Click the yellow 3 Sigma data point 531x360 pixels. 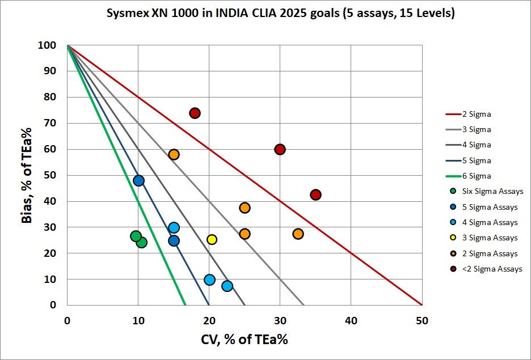tap(212, 239)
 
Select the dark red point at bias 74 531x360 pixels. tap(195, 113)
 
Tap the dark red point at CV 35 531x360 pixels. tap(315, 194)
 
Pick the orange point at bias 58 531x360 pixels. tap(174, 154)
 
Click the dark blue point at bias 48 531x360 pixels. tap(138, 180)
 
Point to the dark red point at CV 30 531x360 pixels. tap(280, 149)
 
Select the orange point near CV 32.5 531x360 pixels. tap(298, 234)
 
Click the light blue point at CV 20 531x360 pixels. tap(209, 279)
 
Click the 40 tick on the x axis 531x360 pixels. tap(351, 320)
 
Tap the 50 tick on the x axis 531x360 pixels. tap(422, 320)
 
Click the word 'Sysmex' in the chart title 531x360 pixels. tap(125, 14)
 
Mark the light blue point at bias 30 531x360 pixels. tap(174, 227)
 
